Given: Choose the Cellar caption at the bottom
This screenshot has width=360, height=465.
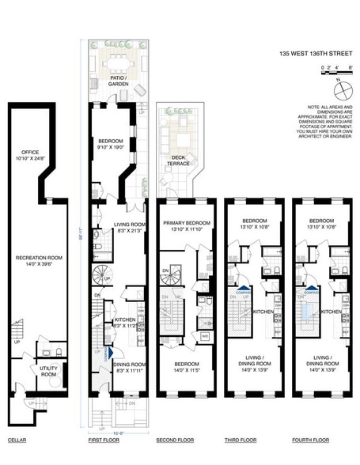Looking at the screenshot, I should tap(17, 440).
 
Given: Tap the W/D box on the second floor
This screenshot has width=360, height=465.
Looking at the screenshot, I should tap(205, 335).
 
